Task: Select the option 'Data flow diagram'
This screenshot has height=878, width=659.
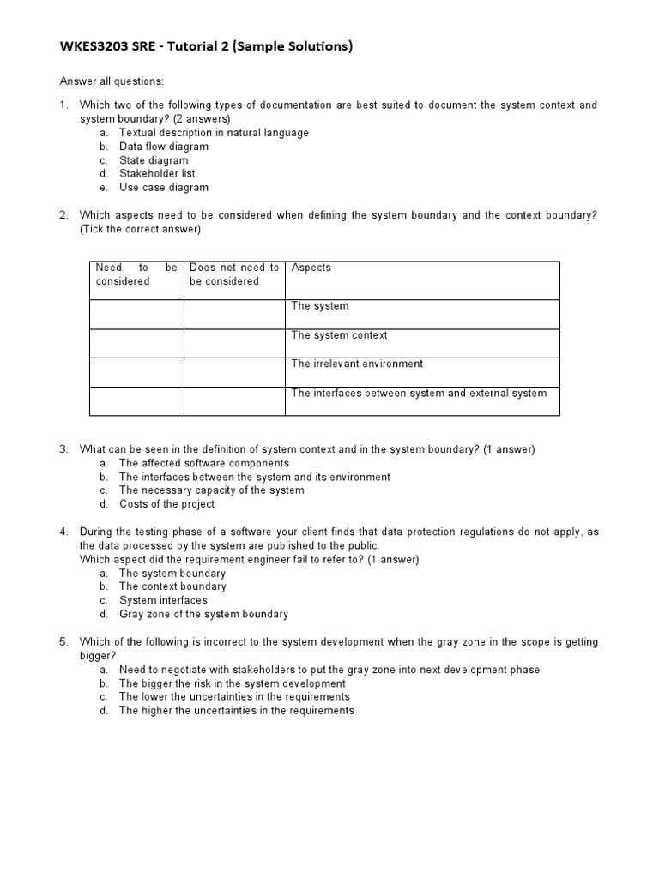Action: pos(163,147)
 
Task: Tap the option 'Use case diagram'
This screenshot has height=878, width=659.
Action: pos(163,188)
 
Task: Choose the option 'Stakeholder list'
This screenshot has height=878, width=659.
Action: pos(157,174)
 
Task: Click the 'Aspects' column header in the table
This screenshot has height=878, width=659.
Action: pos(311,268)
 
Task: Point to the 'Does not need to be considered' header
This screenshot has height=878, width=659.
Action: pos(234,274)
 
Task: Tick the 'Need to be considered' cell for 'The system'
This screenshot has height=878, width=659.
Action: pos(136,314)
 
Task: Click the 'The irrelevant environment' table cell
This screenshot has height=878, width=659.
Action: pos(357,364)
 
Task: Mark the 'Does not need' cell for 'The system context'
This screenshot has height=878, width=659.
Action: pos(234,343)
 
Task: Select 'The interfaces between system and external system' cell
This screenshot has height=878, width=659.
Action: pos(419,394)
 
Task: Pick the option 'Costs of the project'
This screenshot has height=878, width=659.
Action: pos(166,504)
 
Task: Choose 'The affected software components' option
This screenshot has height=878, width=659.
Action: pos(204,463)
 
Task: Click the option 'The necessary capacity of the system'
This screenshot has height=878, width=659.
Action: pos(211,490)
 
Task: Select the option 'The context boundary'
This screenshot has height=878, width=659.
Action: pos(172,586)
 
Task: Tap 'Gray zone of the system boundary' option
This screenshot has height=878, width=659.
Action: pos(203,614)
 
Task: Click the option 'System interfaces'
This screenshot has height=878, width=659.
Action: pos(163,600)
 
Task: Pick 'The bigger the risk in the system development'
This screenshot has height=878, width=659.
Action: pos(232,683)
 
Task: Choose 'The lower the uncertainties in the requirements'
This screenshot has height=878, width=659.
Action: pos(234,697)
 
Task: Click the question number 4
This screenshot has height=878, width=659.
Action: pos(63,532)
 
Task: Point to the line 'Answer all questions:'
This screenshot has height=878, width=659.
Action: pos(111,81)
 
